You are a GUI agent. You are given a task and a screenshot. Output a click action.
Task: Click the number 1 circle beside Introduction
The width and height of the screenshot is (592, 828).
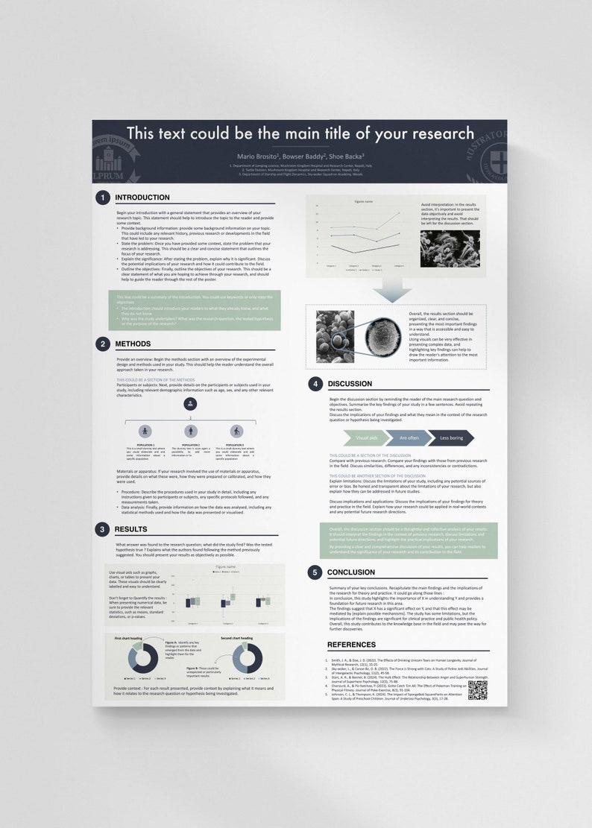(x=101, y=197)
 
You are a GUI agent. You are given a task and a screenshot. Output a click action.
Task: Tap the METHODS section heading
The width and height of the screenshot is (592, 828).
(x=133, y=344)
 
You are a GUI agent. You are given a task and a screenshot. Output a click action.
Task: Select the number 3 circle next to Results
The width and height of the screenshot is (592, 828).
(x=101, y=529)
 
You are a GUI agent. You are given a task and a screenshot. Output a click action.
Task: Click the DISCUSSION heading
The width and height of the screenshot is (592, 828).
(x=350, y=384)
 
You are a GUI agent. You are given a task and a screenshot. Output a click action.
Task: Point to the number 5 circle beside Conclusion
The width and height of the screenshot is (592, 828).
(x=315, y=572)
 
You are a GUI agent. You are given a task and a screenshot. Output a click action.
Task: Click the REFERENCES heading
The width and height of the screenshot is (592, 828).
(x=351, y=645)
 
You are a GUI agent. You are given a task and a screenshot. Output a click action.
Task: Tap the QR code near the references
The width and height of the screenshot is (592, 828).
(x=477, y=689)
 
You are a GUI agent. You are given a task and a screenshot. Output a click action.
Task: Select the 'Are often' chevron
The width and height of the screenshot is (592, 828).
(x=408, y=438)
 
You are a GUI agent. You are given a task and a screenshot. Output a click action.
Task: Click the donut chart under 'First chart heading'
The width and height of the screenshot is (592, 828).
(x=143, y=658)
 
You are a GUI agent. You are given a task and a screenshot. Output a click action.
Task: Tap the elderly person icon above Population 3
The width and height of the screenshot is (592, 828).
(x=236, y=431)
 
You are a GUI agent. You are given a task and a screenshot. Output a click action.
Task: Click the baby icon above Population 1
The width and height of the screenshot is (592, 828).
(x=145, y=431)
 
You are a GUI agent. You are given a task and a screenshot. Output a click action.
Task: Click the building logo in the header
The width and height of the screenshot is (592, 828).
(x=109, y=161)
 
